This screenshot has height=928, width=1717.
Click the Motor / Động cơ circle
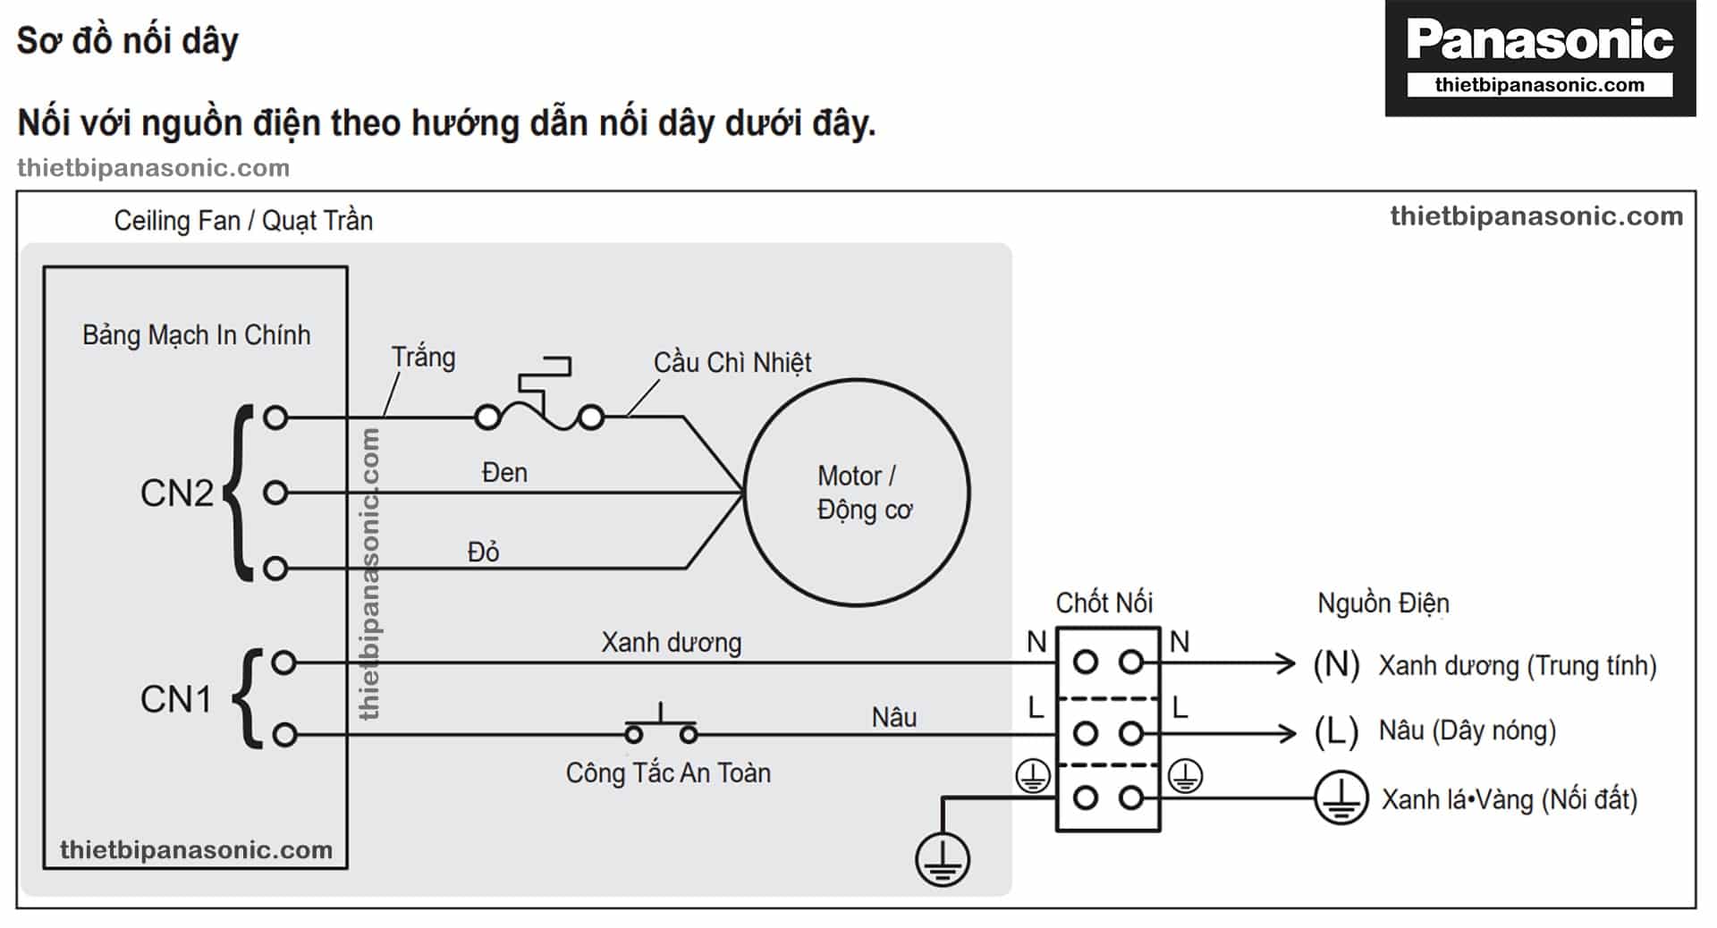pos(856,492)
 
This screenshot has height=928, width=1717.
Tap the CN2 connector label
pos(176,493)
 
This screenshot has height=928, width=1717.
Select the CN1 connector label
pos(175,699)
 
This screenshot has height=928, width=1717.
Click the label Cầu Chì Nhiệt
pos(732,362)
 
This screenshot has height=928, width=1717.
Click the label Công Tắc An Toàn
pos(668,772)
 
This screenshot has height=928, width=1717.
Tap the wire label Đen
pos(504,472)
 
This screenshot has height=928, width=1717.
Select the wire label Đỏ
pos(483,552)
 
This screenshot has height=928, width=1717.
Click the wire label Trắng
pos(423,358)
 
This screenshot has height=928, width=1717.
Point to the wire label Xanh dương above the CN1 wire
pos(671,642)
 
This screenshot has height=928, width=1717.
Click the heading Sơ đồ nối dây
pos(128,41)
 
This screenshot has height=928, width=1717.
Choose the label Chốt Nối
pos(1104,603)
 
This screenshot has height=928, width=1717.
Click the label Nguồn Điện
pos(1383,603)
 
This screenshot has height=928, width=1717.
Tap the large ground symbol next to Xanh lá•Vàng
pos(1341,797)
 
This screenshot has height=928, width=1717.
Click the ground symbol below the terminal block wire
pos(942,859)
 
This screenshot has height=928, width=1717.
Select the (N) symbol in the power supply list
pos(1336,664)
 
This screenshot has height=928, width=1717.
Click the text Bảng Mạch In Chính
pos(197,335)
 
